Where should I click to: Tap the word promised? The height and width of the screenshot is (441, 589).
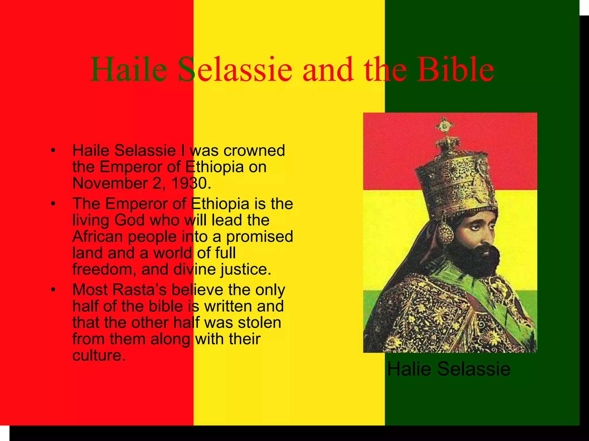(x=259, y=237)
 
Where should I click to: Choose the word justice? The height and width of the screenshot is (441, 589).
(x=245, y=270)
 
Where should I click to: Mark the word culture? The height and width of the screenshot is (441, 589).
(x=99, y=355)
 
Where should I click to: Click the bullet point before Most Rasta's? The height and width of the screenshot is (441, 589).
(x=52, y=290)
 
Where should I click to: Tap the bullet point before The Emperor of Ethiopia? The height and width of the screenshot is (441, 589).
(x=52, y=204)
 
